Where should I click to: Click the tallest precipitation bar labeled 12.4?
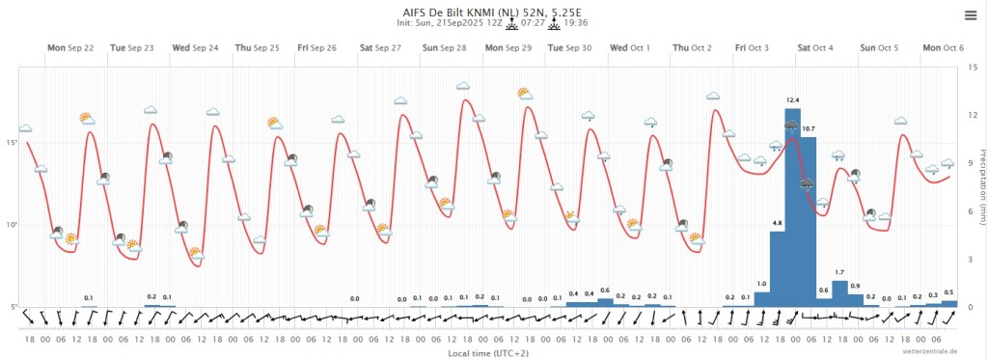point(793,208)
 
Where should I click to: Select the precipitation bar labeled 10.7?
point(809,222)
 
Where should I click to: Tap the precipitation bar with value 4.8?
point(777,268)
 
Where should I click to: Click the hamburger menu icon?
point(971,15)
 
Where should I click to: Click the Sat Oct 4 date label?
point(815,48)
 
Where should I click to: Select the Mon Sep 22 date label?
point(70,48)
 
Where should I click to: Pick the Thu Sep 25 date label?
point(258,48)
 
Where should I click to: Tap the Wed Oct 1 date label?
point(630,48)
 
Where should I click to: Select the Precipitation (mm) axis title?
point(981,186)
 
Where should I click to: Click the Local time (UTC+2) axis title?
point(488,353)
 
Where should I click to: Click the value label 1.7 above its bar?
point(839,272)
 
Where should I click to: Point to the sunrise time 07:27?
point(533,23)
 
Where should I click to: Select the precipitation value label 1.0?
point(761,284)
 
